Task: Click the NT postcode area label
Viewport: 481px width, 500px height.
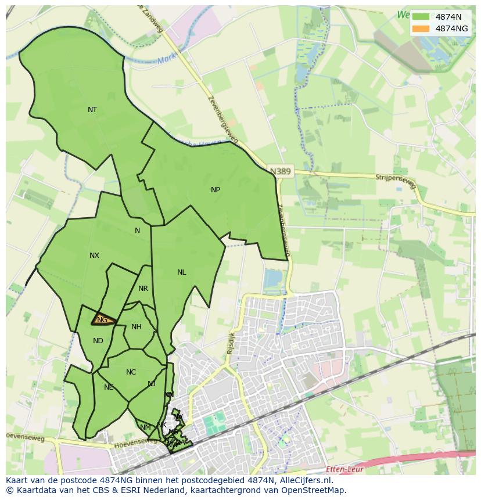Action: (92, 110)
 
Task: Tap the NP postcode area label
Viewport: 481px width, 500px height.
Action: (216, 190)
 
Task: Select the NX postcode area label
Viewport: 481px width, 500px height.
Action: (94, 256)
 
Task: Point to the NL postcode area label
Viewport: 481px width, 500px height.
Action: (182, 272)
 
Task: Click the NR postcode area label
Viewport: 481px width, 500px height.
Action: (143, 289)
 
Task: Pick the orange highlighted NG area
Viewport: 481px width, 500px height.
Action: (103, 320)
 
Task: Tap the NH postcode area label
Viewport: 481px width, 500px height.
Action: (136, 327)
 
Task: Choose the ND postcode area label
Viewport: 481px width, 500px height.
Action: (98, 341)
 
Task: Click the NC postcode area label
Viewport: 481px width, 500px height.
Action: (131, 372)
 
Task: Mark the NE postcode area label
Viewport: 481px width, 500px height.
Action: (109, 387)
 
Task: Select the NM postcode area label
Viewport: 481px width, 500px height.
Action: (145, 427)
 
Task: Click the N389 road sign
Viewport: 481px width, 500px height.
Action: (281, 171)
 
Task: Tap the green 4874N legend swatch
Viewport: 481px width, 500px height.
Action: (421, 17)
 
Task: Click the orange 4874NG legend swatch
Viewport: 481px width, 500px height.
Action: (421, 28)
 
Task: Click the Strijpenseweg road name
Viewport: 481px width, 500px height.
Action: (396, 179)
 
